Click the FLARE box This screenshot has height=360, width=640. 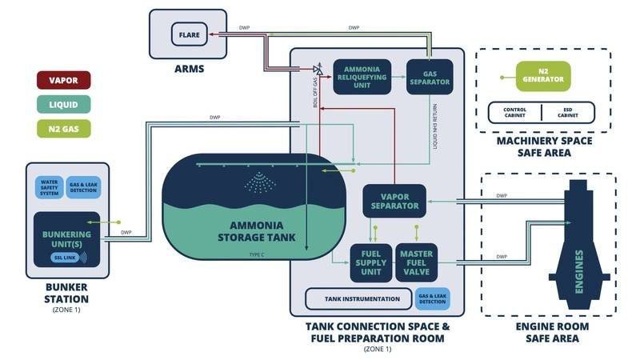point(189,34)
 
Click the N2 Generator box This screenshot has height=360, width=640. point(543,78)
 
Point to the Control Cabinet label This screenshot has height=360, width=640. point(515,112)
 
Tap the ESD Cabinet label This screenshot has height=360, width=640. point(569,112)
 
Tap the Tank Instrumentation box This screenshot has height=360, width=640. point(362,298)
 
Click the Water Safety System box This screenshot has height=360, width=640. point(50,187)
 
